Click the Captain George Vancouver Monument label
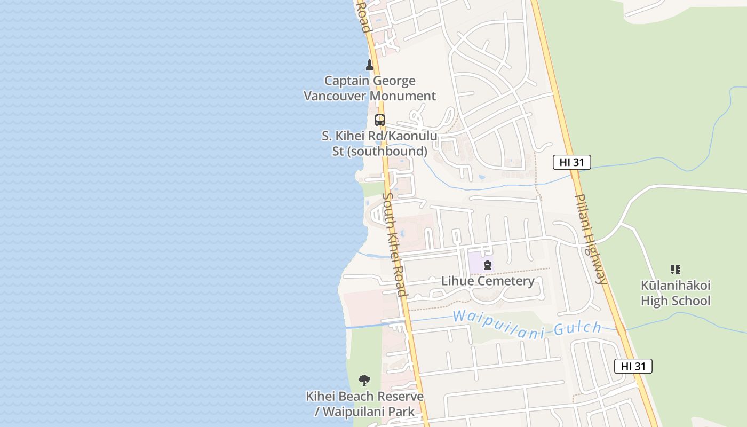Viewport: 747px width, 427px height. pos(369,89)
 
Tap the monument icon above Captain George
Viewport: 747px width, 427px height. pos(369,65)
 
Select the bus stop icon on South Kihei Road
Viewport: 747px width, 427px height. pos(380,120)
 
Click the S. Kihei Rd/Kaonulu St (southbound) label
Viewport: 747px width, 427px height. pos(379,144)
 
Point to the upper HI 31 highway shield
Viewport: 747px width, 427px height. pos(571,162)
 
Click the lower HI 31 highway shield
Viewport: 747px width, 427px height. pos(633,366)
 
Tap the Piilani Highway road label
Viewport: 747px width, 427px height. pos(591,239)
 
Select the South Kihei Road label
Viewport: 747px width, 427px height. pos(395,244)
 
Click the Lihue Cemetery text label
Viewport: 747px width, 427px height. pos(488,281)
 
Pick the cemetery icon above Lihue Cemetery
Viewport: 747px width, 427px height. pos(487,265)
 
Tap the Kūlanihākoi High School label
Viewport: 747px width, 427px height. pos(676,293)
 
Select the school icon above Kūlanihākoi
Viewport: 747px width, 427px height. pos(676,270)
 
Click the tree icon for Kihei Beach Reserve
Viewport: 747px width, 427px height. pos(364,381)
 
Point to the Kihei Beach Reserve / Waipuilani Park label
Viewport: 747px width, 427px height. pos(364,404)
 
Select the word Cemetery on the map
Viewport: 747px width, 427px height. pos(507,281)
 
